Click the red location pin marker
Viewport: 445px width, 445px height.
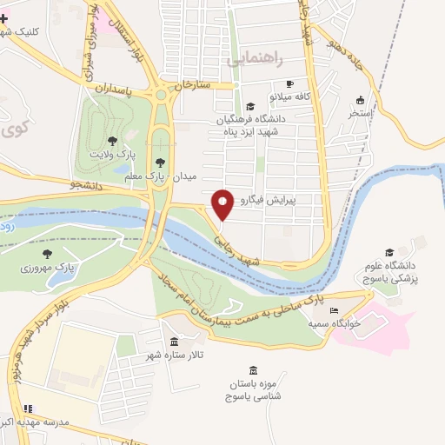222,205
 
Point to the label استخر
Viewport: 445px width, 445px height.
359,113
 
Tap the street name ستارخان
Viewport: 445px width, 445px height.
193,86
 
